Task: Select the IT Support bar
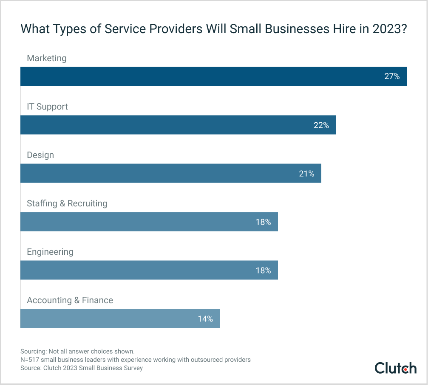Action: click(178, 125)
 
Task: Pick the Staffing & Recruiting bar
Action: click(149, 222)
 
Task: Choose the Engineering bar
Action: click(149, 270)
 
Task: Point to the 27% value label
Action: click(392, 76)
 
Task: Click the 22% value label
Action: click(321, 125)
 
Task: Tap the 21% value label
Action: click(306, 173)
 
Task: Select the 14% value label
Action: click(205, 318)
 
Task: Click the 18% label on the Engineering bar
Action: click(263, 270)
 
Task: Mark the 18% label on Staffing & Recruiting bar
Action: click(263, 222)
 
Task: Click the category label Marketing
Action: click(47, 58)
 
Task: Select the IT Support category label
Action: click(47, 107)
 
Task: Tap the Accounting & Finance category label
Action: click(70, 300)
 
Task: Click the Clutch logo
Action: click(395, 368)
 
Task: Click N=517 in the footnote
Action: click(30, 360)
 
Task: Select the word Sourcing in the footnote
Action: click(34, 351)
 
